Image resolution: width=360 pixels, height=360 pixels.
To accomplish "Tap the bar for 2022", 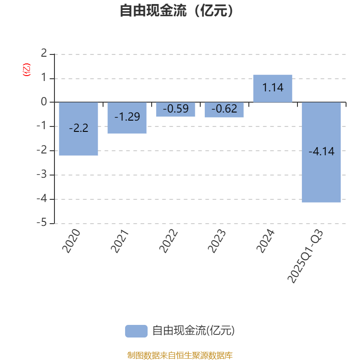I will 175,112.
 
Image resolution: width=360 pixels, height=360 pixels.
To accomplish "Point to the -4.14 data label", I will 321,152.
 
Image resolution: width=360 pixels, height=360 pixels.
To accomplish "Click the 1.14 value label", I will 273,88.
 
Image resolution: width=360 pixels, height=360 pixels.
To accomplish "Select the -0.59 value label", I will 175,109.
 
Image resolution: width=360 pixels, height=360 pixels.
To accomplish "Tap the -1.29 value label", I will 127,117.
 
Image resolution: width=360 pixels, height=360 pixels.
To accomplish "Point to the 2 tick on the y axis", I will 44,54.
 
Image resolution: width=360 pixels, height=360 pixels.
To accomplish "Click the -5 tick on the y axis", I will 42,223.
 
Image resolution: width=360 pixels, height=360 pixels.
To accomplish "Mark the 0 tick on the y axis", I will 44,102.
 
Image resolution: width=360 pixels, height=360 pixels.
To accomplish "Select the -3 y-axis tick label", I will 42,175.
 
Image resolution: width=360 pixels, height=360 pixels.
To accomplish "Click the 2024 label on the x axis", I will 265,241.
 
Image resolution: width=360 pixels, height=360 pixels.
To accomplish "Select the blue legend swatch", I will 136,331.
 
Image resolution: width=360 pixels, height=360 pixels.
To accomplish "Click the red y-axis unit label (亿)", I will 27,70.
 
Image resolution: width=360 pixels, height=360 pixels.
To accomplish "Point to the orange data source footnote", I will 180,355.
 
